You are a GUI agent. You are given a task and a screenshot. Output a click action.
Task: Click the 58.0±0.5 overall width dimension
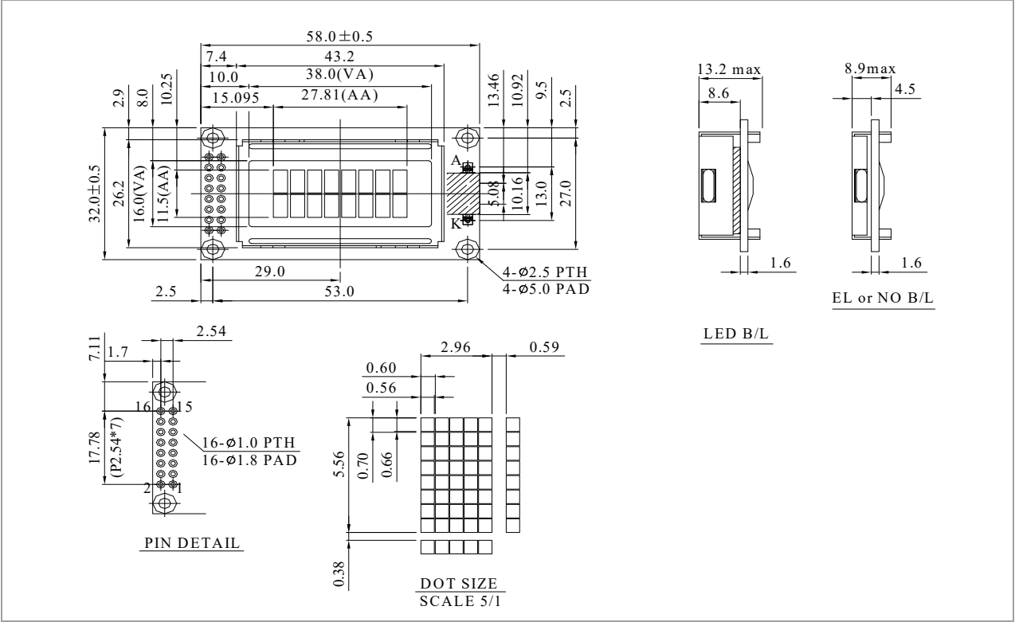(339, 37)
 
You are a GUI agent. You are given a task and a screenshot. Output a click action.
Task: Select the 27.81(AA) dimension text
(339, 95)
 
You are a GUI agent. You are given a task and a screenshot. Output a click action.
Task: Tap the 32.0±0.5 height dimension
(94, 194)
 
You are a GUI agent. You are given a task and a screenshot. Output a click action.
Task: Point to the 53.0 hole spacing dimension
(339, 291)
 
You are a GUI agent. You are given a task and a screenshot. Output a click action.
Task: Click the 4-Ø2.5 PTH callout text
(545, 272)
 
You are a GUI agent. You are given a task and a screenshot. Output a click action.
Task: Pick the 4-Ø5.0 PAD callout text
(546, 289)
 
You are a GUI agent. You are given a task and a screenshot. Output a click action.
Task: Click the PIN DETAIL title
(192, 542)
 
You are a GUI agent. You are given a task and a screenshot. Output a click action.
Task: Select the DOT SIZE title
(459, 583)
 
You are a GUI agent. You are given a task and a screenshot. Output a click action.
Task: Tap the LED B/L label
(736, 334)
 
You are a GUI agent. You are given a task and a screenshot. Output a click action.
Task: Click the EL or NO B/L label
(883, 298)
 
